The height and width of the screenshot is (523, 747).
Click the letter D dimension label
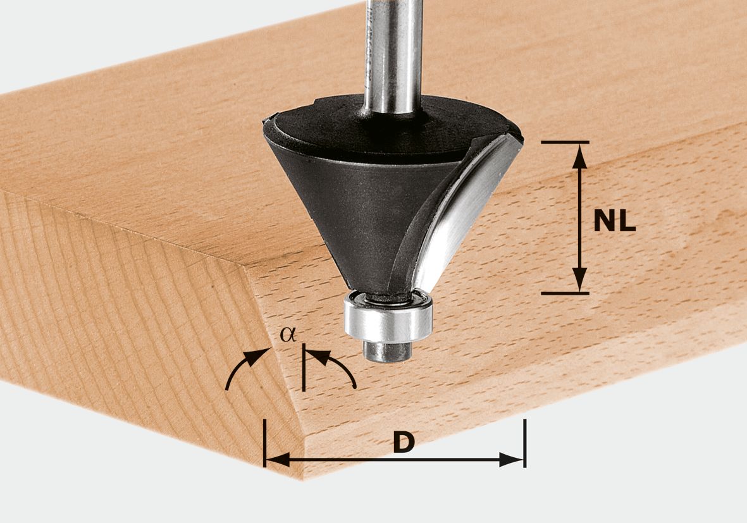[x=404, y=443]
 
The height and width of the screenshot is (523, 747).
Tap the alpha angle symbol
[x=288, y=335]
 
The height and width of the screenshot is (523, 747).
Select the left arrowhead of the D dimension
[x=277, y=460]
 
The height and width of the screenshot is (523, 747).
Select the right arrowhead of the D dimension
[x=512, y=460]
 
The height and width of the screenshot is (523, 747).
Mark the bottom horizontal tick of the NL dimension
[x=565, y=293]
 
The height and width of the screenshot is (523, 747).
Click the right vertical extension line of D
[x=524, y=443]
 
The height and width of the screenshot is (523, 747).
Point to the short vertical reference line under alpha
[x=304, y=370]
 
